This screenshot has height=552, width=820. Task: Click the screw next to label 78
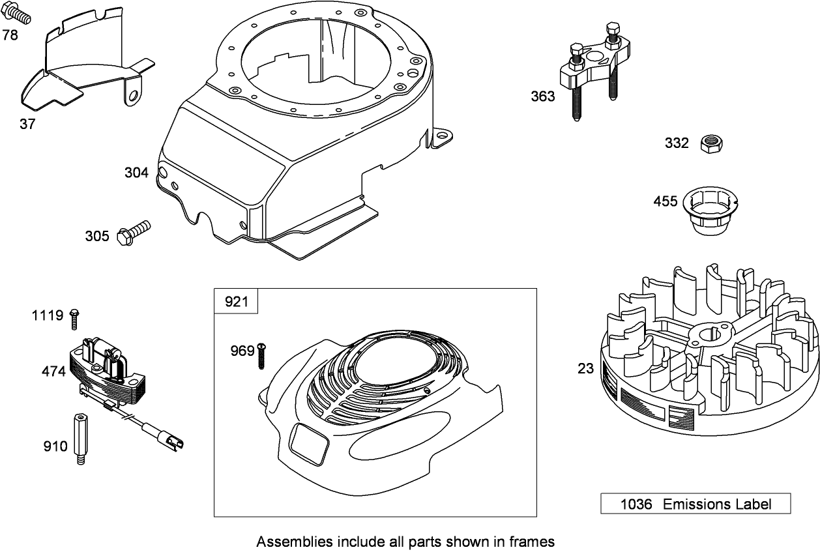20,12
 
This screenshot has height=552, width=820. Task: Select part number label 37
27,124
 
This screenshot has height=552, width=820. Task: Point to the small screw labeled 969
261,355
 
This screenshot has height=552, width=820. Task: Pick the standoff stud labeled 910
79,439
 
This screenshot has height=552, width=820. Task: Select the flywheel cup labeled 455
707,212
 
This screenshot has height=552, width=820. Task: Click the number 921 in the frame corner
236,301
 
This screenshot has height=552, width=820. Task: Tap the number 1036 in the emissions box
636,504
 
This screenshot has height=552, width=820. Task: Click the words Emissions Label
717,504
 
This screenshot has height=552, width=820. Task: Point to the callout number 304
136,173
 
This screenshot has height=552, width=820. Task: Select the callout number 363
542,96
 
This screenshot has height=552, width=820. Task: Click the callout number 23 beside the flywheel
585,369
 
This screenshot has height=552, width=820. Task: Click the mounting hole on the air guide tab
133,96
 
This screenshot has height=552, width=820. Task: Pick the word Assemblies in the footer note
287,541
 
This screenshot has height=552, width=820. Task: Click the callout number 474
53,371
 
